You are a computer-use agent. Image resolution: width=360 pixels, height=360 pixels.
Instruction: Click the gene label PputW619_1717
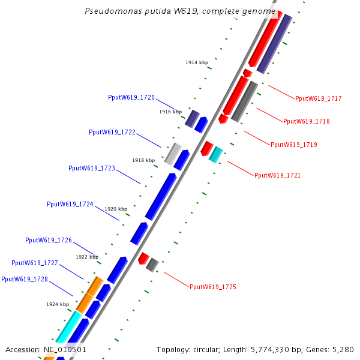[319, 98]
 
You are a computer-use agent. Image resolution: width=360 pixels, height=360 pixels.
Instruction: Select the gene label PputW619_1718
[306, 121]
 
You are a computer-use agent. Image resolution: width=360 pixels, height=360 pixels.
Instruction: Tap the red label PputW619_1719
[294, 145]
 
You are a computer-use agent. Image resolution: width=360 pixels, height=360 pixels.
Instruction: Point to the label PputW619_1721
[277, 175]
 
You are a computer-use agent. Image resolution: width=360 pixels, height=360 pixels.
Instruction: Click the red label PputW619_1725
[213, 287]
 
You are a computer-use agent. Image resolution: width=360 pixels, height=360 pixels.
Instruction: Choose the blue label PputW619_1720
[131, 97]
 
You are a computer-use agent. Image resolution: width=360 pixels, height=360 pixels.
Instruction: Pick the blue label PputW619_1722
[112, 132]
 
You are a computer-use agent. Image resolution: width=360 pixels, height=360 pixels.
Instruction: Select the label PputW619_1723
[92, 168]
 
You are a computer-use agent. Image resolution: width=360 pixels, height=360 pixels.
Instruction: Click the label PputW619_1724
[70, 204]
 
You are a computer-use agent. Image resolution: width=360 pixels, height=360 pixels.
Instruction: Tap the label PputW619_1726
[49, 240]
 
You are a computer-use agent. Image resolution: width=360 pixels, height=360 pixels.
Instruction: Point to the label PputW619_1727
[35, 263]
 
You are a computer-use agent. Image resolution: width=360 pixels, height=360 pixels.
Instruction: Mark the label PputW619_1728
[25, 279]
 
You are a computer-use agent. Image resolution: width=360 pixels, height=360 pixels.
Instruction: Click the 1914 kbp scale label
[197, 62]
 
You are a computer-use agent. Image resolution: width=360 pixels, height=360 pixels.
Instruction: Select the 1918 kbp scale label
[143, 160]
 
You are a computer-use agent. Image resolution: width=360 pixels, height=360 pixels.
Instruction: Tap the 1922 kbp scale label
[87, 257]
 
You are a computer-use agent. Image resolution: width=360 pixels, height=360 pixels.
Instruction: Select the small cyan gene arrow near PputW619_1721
[216, 154]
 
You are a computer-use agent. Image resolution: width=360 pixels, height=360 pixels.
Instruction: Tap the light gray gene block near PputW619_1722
[173, 154]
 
